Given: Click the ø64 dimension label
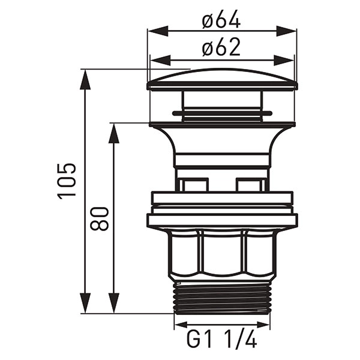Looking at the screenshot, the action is tap(221, 19).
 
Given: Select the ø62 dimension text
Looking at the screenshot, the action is tap(221, 47).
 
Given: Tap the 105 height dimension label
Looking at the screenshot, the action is tap(67, 181).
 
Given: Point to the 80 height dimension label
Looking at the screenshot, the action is tap(99, 219).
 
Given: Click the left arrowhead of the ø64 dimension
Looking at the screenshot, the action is tap(158, 31).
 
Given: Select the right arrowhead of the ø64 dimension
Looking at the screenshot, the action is tap(286, 31).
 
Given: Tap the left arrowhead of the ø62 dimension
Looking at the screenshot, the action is tap(161, 61).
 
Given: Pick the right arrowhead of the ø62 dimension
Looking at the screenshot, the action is tap(283, 61).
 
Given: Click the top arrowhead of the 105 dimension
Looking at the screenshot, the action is tap(85, 79).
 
